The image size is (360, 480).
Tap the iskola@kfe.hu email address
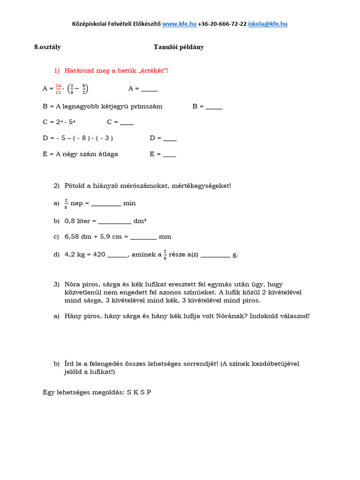[268, 23]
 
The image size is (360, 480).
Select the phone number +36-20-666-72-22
[222, 23]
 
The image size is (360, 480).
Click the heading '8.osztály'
[47, 47]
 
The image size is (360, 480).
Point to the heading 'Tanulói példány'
[179, 47]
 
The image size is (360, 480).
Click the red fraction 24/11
[58, 89]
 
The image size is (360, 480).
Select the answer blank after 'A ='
[150, 90]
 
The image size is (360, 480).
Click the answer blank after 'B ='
[214, 107]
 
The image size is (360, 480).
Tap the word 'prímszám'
[148, 106]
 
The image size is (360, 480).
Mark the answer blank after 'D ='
[170, 139]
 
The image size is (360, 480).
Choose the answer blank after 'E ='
[169, 155]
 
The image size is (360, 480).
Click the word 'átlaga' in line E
[108, 154]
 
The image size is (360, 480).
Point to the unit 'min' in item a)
[129, 203]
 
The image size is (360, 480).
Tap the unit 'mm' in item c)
[165, 237]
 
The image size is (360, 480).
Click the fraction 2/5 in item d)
[165, 255]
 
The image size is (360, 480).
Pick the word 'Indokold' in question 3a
[264, 316]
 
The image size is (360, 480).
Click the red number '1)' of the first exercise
[57, 70]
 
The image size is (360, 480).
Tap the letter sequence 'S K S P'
[139, 392]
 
